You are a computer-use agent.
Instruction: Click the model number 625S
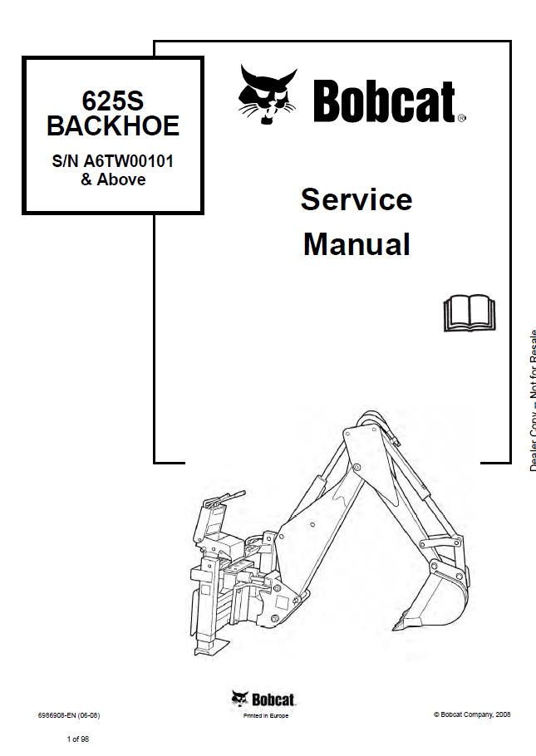click(113, 101)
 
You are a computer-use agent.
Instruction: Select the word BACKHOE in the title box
click(113, 126)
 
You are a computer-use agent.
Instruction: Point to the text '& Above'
click(113, 179)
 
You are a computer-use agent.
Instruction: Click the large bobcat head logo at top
click(268, 95)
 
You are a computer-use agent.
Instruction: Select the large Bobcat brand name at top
click(384, 102)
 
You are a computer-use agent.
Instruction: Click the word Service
click(356, 199)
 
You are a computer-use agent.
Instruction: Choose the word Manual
click(356, 244)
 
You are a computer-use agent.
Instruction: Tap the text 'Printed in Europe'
click(265, 716)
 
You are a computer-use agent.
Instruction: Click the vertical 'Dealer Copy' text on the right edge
click(532, 399)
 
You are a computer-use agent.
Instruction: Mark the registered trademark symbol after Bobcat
click(462, 119)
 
